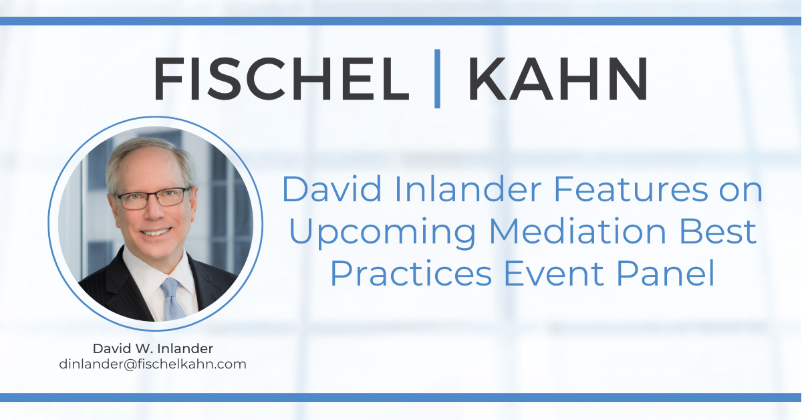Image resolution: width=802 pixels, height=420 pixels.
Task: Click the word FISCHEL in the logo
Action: click(281, 78)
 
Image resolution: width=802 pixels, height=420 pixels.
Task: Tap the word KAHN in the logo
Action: click(558, 78)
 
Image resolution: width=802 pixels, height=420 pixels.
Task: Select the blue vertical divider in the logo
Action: click(437, 78)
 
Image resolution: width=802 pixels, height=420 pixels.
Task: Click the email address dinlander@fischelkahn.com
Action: click(153, 364)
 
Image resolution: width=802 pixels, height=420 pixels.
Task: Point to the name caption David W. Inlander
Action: click(153, 348)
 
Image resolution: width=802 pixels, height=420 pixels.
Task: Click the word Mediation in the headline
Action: click(577, 231)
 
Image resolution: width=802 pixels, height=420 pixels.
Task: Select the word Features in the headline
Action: click(630, 189)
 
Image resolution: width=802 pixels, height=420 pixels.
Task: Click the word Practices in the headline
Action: click(410, 273)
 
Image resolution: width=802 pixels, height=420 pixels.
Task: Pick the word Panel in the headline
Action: click(665, 273)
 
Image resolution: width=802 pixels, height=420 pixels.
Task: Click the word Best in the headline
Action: click(717, 231)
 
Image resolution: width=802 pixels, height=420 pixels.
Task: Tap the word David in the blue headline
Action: click(331, 189)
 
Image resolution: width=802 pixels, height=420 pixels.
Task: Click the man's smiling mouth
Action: click(156, 232)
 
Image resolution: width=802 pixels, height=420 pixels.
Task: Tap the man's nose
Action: click(154, 211)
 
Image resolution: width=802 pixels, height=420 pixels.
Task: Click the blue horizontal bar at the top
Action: click(401, 21)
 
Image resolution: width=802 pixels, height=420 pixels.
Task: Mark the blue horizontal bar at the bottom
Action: click(401, 397)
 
